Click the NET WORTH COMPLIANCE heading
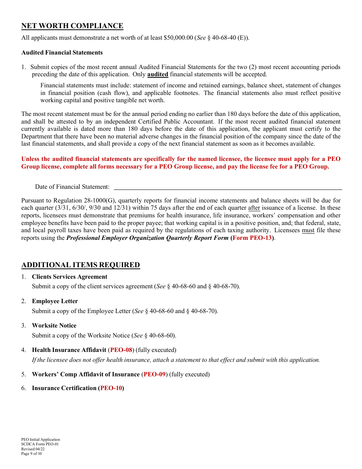[72, 26]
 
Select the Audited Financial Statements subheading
[62, 53]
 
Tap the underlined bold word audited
[157, 74]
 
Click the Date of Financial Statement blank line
[228, 186]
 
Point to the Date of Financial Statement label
[72, 187]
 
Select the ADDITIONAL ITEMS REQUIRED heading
[80, 265]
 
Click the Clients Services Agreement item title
[70, 277]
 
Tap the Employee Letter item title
[55, 301]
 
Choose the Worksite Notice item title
[54, 326]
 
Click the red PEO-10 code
[111, 388]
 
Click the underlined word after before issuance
[254, 208]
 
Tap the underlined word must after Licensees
[308, 230]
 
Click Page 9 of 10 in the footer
[32, 454]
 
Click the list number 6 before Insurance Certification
[23, 388]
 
